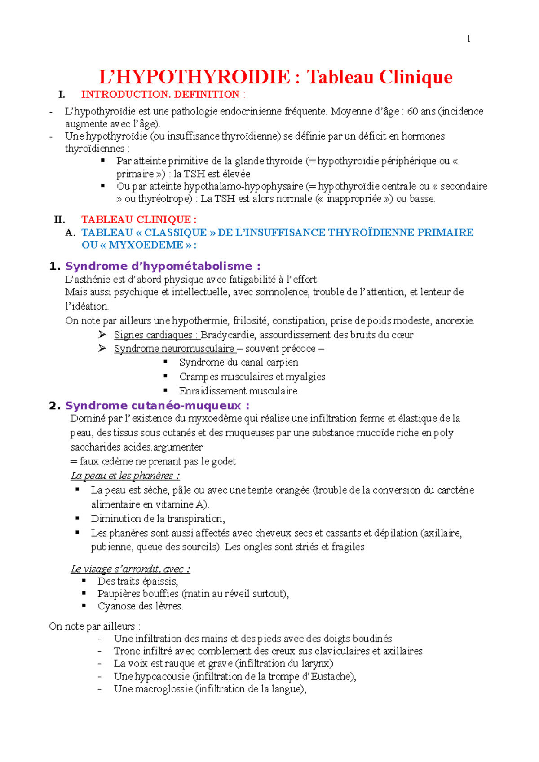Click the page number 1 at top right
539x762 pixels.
[x=468, y=39]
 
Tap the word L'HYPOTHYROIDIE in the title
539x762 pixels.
[x=194, y=77]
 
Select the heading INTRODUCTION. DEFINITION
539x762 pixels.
[x=160, y=94]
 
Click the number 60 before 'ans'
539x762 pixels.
[x=412, y=111]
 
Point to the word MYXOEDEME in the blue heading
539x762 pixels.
[x=146, y=245]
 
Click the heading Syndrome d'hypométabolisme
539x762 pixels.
[x=163, y=266]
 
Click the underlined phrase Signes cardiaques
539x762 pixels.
[x=153, y=335]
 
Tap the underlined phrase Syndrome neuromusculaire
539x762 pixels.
[x=174, y=349]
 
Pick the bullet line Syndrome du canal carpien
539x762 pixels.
[x=239, y=362]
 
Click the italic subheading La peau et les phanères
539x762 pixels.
[x=125, y=476]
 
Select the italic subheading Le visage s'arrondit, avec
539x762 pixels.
[x=130, y=569]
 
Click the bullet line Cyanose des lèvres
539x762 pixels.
[x=140, y=606]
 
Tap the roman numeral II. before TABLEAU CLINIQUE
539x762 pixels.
[x=59, y=219]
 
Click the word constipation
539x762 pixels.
[x=299, y=320]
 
